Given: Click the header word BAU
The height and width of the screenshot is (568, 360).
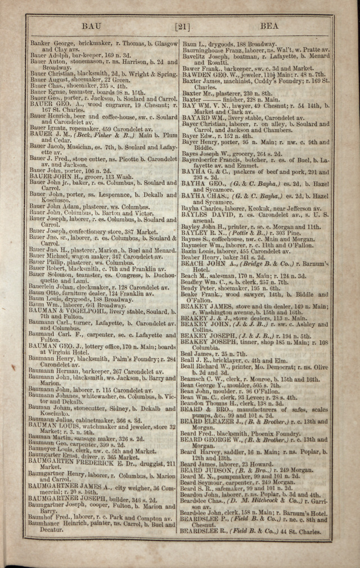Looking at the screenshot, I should pos(92,26).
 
